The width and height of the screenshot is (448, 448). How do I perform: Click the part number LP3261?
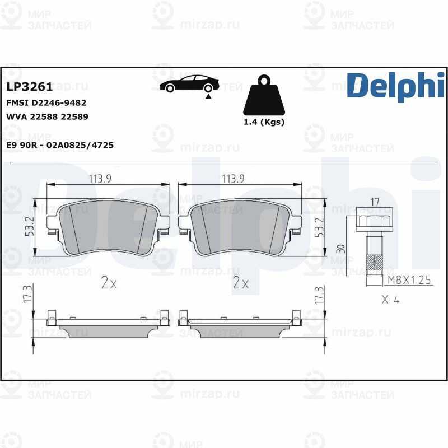coord(29,87)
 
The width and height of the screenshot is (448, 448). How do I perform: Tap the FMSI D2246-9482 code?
coord(46,103)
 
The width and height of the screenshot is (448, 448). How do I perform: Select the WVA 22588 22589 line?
coord(47,116)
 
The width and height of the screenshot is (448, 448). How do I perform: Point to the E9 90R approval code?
coord(59,145)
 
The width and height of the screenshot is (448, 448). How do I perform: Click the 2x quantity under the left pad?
coord(109,283)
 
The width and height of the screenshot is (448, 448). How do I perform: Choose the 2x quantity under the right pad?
coord(240,283)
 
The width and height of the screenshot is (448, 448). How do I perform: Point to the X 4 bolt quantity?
coord(390,300)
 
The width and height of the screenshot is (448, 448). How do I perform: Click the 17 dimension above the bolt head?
coord(375,201)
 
